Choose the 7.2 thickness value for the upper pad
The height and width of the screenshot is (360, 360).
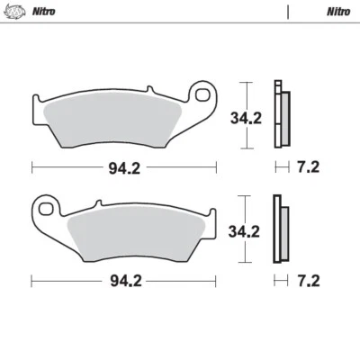point(308,166)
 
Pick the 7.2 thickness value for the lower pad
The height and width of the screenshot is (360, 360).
point(308,281)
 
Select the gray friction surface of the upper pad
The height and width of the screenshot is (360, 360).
point(117,121)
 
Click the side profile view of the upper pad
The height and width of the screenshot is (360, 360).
point(281,114)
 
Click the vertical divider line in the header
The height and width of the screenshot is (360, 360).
point(288,13)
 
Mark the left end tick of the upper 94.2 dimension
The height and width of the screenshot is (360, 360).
point(32,166)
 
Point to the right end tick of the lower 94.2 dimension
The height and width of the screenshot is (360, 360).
point(217,281)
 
